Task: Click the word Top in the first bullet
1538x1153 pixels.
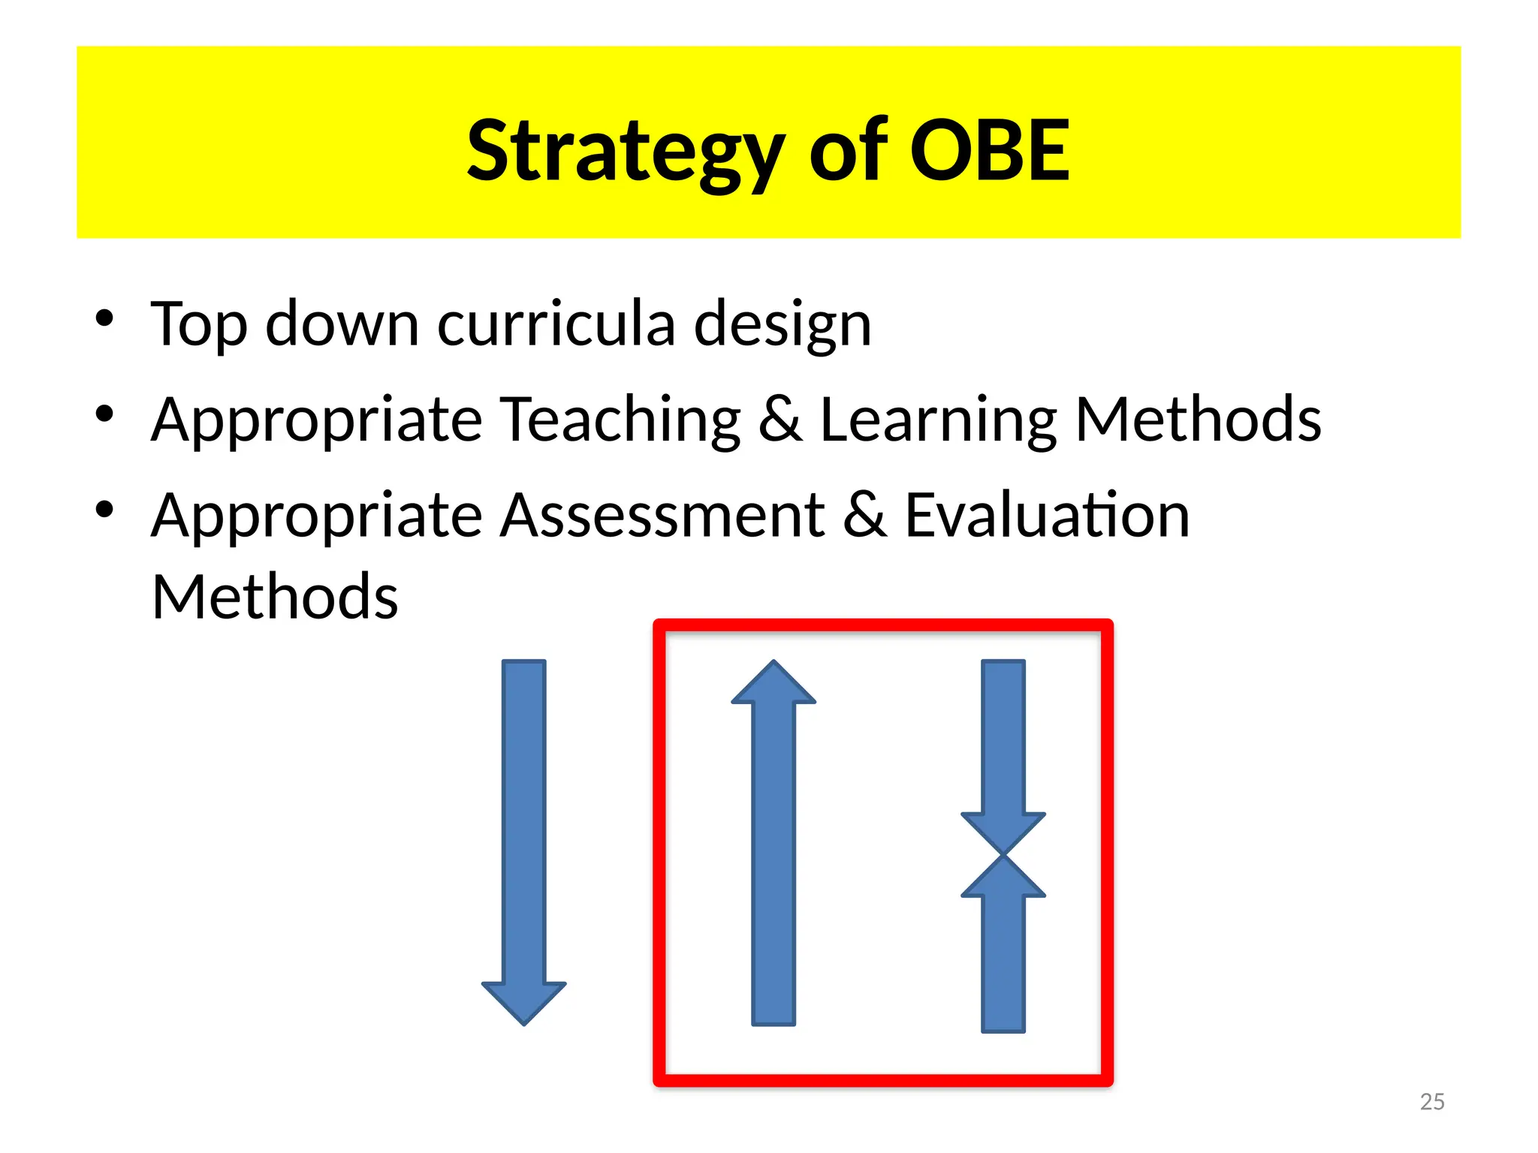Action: [x=198, y=324]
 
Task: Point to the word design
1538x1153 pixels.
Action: [x=783, y=324]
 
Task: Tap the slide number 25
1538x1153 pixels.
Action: [x=1432, y=1102]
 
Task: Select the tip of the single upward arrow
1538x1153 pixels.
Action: [x=774, y=665]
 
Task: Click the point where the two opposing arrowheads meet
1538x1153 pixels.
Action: [x=1003, y=855]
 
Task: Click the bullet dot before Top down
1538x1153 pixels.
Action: [x=104, y=318]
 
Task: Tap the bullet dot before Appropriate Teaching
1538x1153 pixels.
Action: [x=104, y=414]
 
